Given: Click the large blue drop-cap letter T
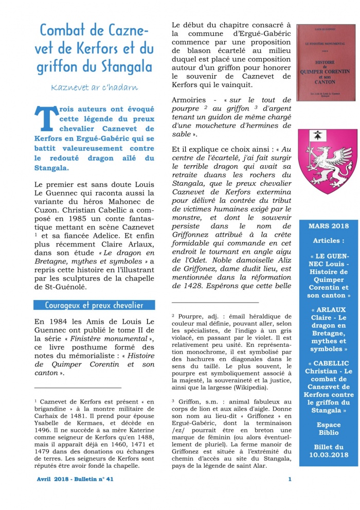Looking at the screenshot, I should pyautogui.click(x=45, y=117).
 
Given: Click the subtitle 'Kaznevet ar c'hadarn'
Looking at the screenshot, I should pyautogui.click(x=95, y=87).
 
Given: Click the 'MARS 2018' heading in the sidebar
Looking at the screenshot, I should pyautogui.click(x=328, y=226).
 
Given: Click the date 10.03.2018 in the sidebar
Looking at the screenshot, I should pyautogui.click(x=328, y=455).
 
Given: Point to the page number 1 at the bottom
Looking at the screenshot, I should pyautogui.click(x=290, y=479).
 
